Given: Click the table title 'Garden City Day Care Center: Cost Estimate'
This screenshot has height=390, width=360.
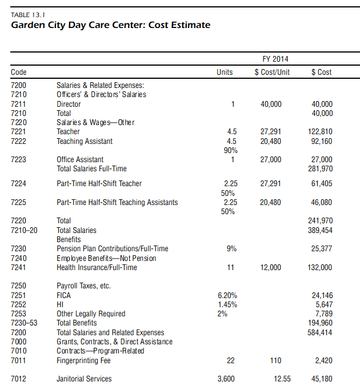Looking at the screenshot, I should coord(110,25).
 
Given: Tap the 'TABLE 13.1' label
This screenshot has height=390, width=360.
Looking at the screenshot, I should coord(27,14).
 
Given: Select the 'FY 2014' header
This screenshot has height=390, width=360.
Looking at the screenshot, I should coord(275,59).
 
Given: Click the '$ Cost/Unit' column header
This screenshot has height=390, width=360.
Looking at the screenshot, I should coord(272,73).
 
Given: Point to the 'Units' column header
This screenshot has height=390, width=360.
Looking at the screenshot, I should coord(225,73).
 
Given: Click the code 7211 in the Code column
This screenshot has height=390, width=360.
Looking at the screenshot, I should coord(18,104).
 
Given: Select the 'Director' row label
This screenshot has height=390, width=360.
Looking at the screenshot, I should coord(69,104).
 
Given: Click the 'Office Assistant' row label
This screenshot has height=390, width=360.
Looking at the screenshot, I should coord(80,160).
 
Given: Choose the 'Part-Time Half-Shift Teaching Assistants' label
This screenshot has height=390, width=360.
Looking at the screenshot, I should coord(117,203).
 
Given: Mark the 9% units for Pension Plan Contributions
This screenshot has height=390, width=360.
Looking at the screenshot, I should coord(231,249).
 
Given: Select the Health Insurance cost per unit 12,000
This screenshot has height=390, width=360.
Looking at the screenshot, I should coord(271,268).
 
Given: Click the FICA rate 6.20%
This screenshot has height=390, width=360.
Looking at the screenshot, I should coord(227,295).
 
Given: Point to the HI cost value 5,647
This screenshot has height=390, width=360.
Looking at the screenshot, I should coord(324,304).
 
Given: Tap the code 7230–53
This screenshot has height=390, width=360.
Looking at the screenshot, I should coord(23,323).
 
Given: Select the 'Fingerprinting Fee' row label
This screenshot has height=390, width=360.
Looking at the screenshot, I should coord(83,361).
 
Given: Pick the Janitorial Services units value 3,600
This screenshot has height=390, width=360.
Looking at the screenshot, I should coord(227,379).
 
